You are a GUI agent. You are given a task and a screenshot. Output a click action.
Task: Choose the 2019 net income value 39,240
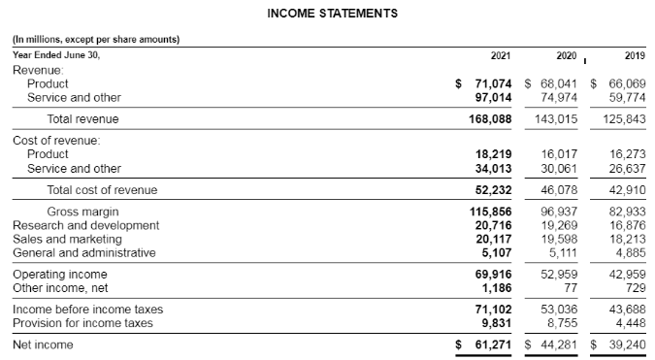[x=628, y=344]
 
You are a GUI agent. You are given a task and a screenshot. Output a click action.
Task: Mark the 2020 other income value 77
[x=572, y=288]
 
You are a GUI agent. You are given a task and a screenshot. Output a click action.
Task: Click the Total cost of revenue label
[x=102, y=190]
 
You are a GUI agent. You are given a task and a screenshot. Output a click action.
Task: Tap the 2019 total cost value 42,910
[x=628, y=190]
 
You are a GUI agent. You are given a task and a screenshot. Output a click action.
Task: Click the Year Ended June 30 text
[x=55, y=54]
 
